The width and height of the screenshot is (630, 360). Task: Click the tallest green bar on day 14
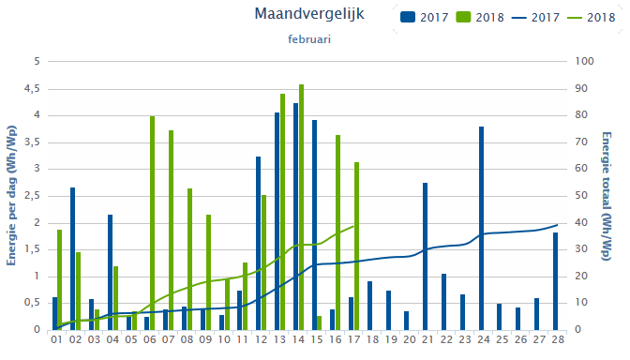pos(301,206)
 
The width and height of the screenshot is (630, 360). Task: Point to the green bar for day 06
pos(152,223)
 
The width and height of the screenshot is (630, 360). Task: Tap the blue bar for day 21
pos(425,256)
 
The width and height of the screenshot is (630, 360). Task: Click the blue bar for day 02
pos(72,258)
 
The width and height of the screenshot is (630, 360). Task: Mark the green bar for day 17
pos(356,246)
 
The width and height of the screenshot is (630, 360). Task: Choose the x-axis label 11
pos(242,338)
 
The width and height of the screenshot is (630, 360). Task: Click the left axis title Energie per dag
pos(10,195)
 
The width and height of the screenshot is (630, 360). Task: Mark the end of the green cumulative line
pos(356,224)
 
